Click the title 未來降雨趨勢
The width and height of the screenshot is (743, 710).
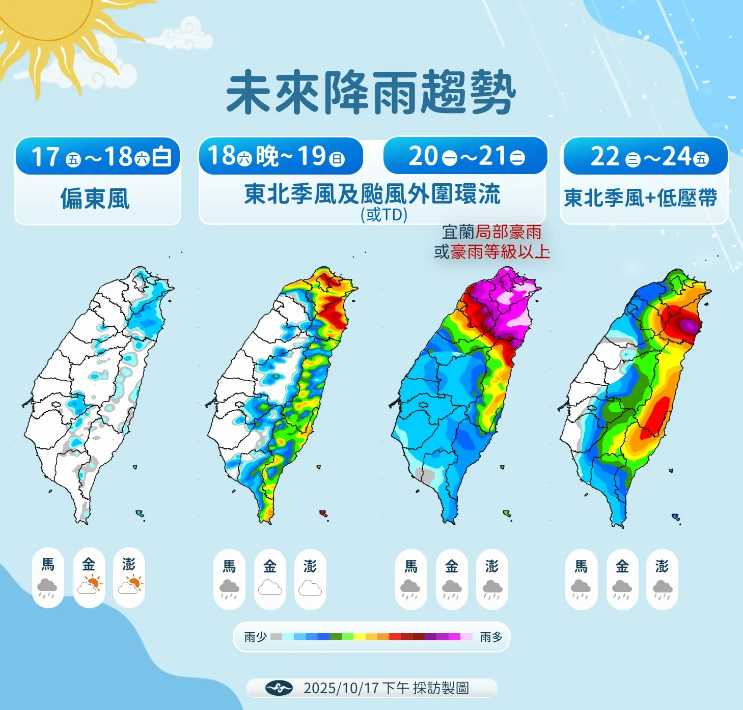[371, 93]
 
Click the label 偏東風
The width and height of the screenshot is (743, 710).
[95, 198]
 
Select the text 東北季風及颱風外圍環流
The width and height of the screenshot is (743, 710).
[372, 194]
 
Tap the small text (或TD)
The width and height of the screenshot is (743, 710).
[384, 215]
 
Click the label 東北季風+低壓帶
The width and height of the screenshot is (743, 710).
[641, 198]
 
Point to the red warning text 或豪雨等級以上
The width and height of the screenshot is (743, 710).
[492, 251]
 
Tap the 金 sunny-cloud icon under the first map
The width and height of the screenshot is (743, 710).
[89, 585]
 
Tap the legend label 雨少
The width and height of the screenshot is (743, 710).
[255, 637]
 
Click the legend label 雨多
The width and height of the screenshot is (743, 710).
[491, 637]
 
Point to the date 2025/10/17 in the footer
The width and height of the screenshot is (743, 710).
[341, 688]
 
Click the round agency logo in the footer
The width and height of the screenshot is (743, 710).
[279, 688]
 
